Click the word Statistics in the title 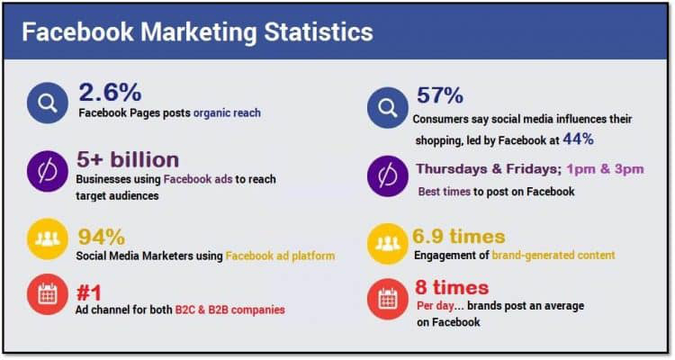tap(319, 31)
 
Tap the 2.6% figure tap(110, 92)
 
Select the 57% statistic tap(439, 95)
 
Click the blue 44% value tap(578, 139)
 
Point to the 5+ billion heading tap(128, 159)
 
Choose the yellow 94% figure tap(102, 237)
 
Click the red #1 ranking tap(89, 293)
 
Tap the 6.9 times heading tap(459, 236)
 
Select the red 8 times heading tap(452, 287)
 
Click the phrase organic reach tap(227, 112)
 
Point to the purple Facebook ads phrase tap(198, 179)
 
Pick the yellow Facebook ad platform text tap(280, 256)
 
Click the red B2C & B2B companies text tap(229, 310)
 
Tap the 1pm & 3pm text tap(606, 169)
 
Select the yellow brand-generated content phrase tap(553, 255)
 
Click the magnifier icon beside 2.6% tap(48, 103)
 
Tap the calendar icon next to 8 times tap(388, 299)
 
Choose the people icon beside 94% tap(48, 239)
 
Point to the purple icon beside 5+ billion tap(48, 171)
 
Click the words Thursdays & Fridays tap(489, 169)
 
